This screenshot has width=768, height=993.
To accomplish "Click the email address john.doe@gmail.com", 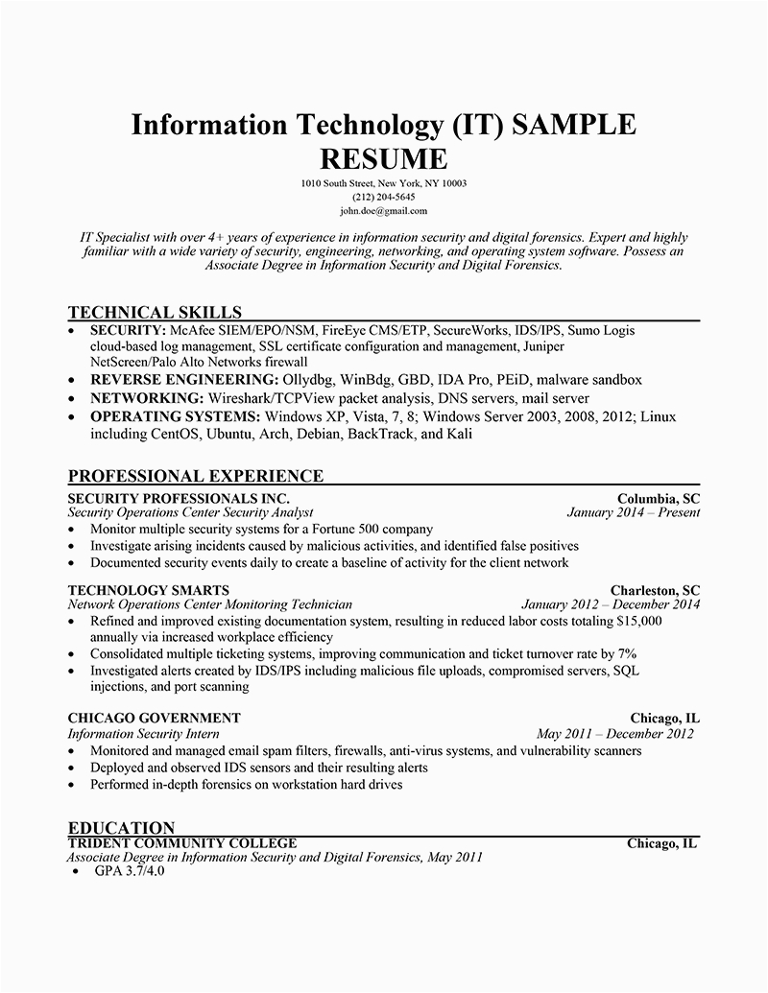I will pyautogui.click(x=383, y=210).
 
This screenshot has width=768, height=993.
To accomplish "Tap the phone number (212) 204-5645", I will pyautogui.click(x=383, y=197).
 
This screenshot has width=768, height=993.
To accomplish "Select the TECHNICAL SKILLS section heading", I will pyautogui.click(x=156, y=312).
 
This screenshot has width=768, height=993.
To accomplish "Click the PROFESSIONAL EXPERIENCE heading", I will pyautogui.click(x=196, y=476).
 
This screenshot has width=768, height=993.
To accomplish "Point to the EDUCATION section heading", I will pyautogui.click(x=122, y=828).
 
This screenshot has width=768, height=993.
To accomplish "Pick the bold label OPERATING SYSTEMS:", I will pyautogui.click(x=175, y=416).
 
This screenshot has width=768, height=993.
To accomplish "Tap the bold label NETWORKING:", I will pyautogui.click(x=146, y=398).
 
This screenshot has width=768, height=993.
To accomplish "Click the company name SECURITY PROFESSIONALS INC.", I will pyautogui.click(x=180, y=499).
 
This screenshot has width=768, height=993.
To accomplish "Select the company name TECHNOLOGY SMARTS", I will pyautogui.click(x=149, y=589).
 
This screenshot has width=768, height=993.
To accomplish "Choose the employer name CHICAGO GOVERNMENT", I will pyautogui.click(x=155, y=718).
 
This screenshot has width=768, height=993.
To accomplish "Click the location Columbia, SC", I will pyautogui.click(x=659, y=499).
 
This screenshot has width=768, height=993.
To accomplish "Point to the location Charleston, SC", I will pyautogui.click(x=655, y=589).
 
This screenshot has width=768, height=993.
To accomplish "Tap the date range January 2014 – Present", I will pyautogui.click(x=634, y=512).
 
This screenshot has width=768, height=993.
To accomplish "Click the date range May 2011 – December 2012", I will pyautogui.click(x=615, y=734).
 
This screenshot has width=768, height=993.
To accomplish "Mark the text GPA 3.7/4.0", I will pyautogui.click(x=131, y=873).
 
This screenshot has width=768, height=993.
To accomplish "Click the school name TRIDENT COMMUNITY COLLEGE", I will pyautogui.click(x=182, y=843).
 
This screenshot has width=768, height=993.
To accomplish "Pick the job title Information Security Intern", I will pyautogui.click(x=144, y=734).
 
